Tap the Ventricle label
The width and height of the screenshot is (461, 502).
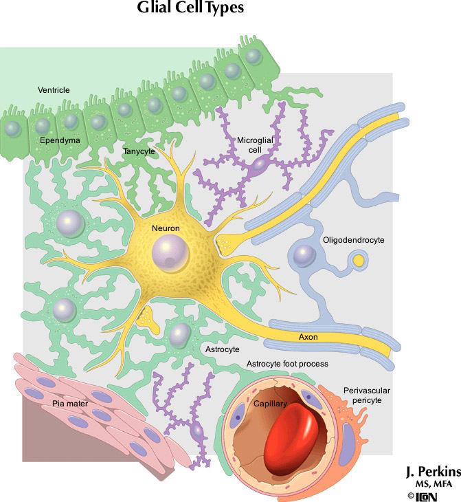point(54,90)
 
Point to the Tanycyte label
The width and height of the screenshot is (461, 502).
point(139,151)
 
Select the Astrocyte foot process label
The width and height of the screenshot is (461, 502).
point(286,363)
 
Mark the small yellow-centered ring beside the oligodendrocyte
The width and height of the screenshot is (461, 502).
point(358,261)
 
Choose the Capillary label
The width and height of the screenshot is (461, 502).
point(269,404)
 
